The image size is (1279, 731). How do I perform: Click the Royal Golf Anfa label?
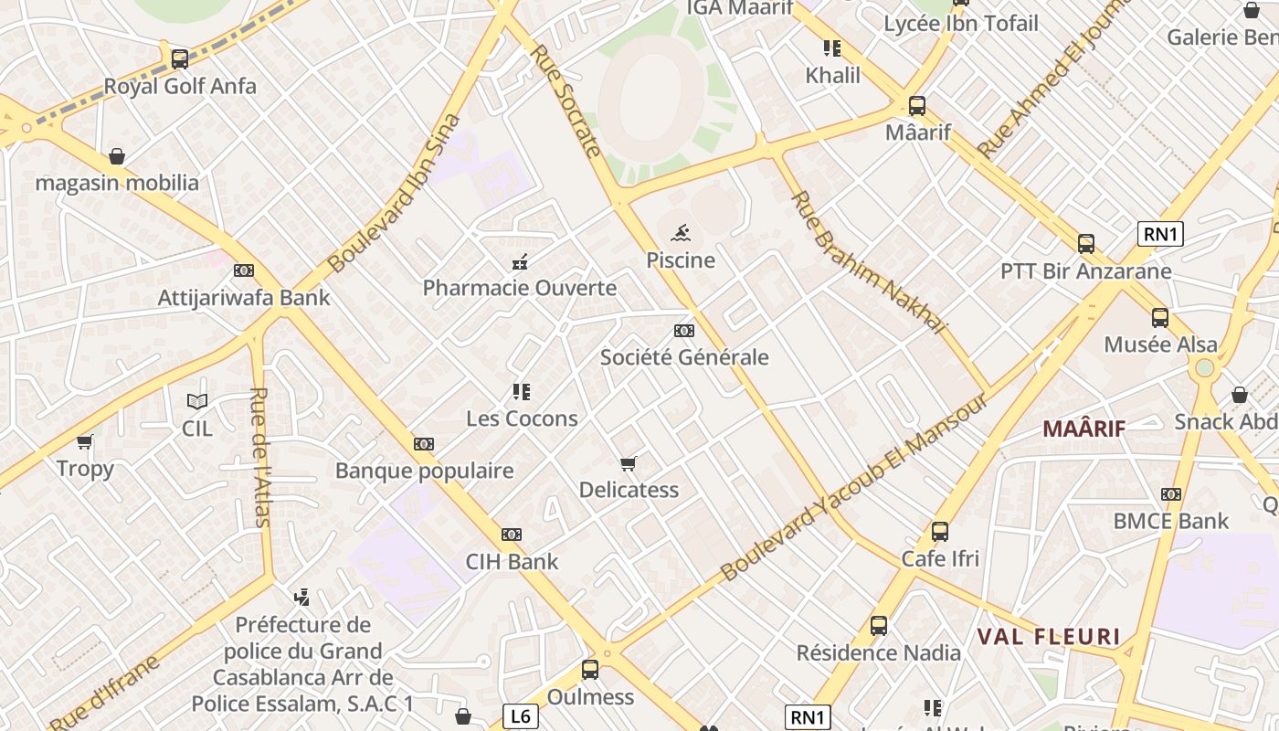[180, 87]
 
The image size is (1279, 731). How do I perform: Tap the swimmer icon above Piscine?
[681, 233]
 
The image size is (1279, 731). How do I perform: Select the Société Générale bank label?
[684, 357]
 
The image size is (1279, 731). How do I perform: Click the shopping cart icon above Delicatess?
[629, 463]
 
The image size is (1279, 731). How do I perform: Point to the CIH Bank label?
[512, 561]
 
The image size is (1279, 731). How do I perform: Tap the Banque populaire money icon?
[424, 444]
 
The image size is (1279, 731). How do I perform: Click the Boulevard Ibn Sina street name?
[394, 193]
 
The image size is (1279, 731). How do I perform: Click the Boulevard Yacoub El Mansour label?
[853, 488]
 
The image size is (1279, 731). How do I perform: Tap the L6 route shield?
[520, 716]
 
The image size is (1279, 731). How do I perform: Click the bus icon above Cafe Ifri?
[940, 532]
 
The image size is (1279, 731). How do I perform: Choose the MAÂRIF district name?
[1084, 428]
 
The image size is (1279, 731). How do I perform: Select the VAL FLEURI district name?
[1049, 636]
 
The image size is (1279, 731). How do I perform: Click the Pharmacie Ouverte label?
[520, 288]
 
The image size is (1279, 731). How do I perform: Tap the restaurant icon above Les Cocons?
[522, 393]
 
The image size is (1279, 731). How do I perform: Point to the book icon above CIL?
[197, 401]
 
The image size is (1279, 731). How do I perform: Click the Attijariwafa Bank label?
[244, 297]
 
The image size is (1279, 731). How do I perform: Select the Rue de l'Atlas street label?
[260, 457]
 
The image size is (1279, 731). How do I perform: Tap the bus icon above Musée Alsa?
[1160, 318]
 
